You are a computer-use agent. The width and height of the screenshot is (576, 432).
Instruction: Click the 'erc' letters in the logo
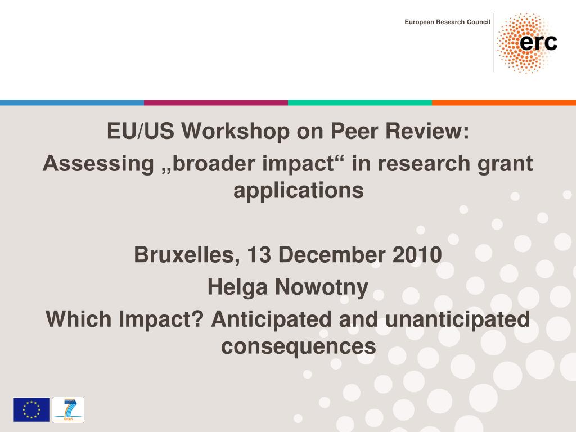click(538, 42)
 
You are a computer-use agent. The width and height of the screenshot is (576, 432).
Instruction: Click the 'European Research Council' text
click(447, 22)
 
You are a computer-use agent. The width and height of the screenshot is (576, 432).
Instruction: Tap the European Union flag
click(31, 409)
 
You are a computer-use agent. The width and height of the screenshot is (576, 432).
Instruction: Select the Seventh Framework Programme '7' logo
click(68, 409)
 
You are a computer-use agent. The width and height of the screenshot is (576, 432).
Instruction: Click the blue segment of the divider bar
click(72, 102)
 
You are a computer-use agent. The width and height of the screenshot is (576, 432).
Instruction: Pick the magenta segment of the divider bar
click(216, 102)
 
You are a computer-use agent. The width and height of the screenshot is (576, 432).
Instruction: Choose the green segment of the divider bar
click(360, 102)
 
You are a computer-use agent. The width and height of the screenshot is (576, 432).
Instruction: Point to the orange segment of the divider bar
click(504, 102)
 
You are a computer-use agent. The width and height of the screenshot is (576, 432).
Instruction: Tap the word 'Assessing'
click(98, 164)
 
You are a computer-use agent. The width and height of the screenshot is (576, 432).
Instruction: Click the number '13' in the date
click(259, 255)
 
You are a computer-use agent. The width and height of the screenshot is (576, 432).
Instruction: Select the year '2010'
click(417, 255)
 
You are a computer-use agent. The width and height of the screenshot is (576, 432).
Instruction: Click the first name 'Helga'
click(238, 287)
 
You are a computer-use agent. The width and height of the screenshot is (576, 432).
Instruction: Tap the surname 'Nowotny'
click(322, 287)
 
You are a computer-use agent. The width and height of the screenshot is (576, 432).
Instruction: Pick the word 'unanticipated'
click(457, 319)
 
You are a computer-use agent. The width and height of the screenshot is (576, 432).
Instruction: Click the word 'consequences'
click(299, 347)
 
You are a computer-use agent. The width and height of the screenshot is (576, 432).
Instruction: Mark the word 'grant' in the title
click(505, 164)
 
